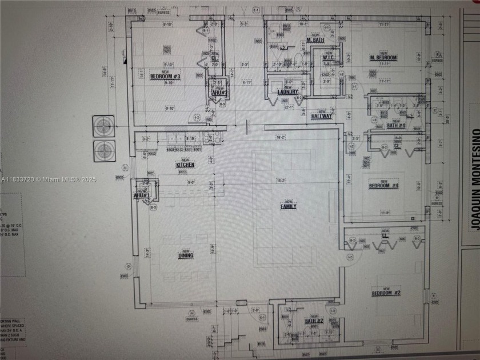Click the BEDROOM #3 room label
[x=165, y=76]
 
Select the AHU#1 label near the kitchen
[x=141, y=195]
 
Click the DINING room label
[x=185, y=255]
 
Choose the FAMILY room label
[x=288, y=206]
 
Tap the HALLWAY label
[x=322, y=116]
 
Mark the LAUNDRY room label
[x=288, y=92]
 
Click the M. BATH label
[x=316, y=41]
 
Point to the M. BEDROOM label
[x=383, y=58]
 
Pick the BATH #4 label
[x=395, y=125]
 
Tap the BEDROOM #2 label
[x=386, y=293]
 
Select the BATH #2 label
[x=314, y=321]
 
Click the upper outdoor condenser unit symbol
[x=104, y=125]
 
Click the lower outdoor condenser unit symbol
[x=104, y=150]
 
